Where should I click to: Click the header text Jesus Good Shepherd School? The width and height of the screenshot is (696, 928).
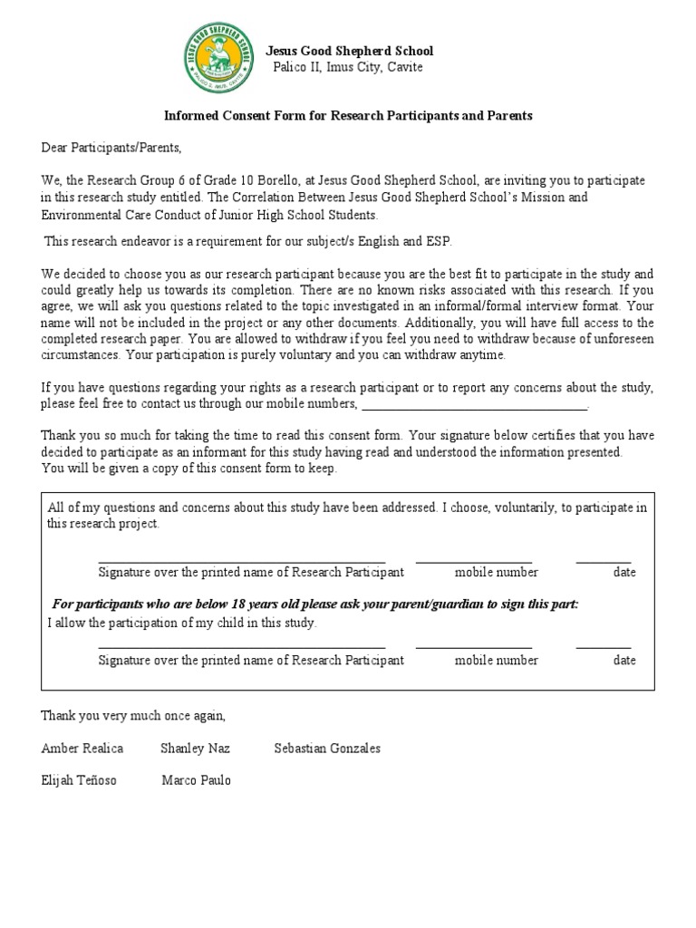tap(349, 51)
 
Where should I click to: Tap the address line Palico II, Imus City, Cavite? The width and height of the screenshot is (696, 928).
tap(348, 67)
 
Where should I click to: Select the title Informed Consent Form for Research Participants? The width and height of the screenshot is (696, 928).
tap(348, 116)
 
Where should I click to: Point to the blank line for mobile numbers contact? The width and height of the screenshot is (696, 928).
tap(474, 404)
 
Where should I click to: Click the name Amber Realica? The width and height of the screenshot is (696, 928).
tap(82, 749)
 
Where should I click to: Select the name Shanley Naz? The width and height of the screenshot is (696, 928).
tap(195, 749)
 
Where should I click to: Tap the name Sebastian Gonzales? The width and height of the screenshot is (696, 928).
tap(327, 749)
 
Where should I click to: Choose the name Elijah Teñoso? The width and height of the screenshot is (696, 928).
tap(79, 780)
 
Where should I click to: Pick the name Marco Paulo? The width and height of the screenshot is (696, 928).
tap(196, 780)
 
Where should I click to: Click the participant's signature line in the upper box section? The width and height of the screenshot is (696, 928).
tap(241, 562)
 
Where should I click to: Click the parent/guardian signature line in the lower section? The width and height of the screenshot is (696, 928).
tap(241, 648)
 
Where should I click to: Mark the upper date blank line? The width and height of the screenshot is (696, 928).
tap(604, 562)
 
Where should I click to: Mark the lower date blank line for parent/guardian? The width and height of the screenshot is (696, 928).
tap(604, 648)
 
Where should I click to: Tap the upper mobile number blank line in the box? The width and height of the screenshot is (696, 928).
tap(474, 562)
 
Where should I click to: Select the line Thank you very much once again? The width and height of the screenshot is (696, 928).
tap(133, 716)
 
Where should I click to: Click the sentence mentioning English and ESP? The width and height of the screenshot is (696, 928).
tap(247, 241)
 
